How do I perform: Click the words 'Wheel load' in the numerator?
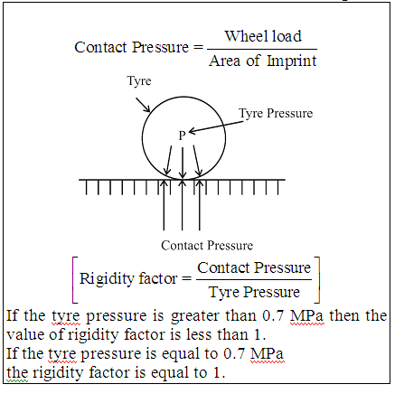click(263, 36)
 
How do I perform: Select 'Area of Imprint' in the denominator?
click(263, 61)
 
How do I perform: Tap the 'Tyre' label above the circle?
click(139, 81)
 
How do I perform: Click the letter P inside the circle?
click(182, 136)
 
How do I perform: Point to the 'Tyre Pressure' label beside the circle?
click(276, 114)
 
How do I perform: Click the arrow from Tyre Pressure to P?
click(216, 127)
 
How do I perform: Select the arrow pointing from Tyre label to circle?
click(143, 105)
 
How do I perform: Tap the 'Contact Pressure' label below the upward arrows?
click(207, 246)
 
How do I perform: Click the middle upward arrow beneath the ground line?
click(182, 205)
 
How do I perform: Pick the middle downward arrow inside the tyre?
click(183, 163)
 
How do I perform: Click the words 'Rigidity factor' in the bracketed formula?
click(128, 278)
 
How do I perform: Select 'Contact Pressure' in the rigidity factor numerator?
click(254, 267)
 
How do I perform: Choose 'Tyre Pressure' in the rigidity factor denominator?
click(254, 292)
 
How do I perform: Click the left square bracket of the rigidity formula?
click(73, 280)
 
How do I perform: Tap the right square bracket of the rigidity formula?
click(318, 280)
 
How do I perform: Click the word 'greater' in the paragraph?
click(195, 316)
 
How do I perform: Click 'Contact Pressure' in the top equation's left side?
click(131, 47)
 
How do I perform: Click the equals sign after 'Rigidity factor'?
click(187, 278)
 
